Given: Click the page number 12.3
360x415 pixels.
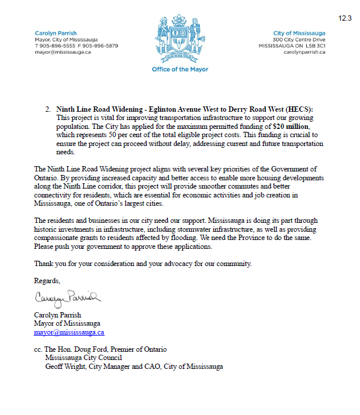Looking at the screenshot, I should (345, 18).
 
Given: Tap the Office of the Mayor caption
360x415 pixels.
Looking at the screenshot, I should (180, 70).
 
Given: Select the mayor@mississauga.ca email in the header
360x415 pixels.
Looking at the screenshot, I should (63, 52).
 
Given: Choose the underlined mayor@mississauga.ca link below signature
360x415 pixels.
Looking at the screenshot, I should (69, 332).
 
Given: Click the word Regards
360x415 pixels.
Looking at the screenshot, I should (47, 280).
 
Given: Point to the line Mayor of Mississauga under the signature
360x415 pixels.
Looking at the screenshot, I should (67, 323).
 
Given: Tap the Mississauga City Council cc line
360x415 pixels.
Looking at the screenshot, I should (84, 358).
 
